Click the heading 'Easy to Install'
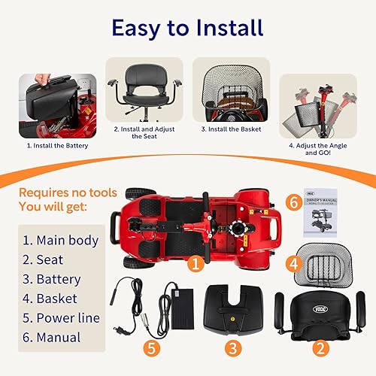point(187,28)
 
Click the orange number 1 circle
point(196,264)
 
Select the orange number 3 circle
point(234,348)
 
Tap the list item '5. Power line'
point(61,318)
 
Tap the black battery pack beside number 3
point(234,308)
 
